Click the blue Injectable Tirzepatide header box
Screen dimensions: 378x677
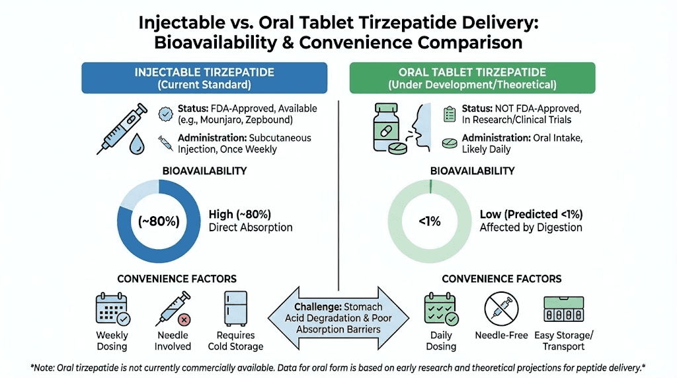(x=204, y=78)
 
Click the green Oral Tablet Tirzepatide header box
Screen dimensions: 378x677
(x=472, y=78)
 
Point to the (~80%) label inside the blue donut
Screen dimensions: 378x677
(x=158, y=221)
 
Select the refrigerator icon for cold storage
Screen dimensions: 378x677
(x=235, y=308)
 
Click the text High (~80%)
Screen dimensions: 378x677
(x=239, y=214)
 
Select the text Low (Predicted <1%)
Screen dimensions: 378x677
(x=531, y=214)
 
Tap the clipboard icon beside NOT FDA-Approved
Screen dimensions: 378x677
(x=450, y=114)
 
